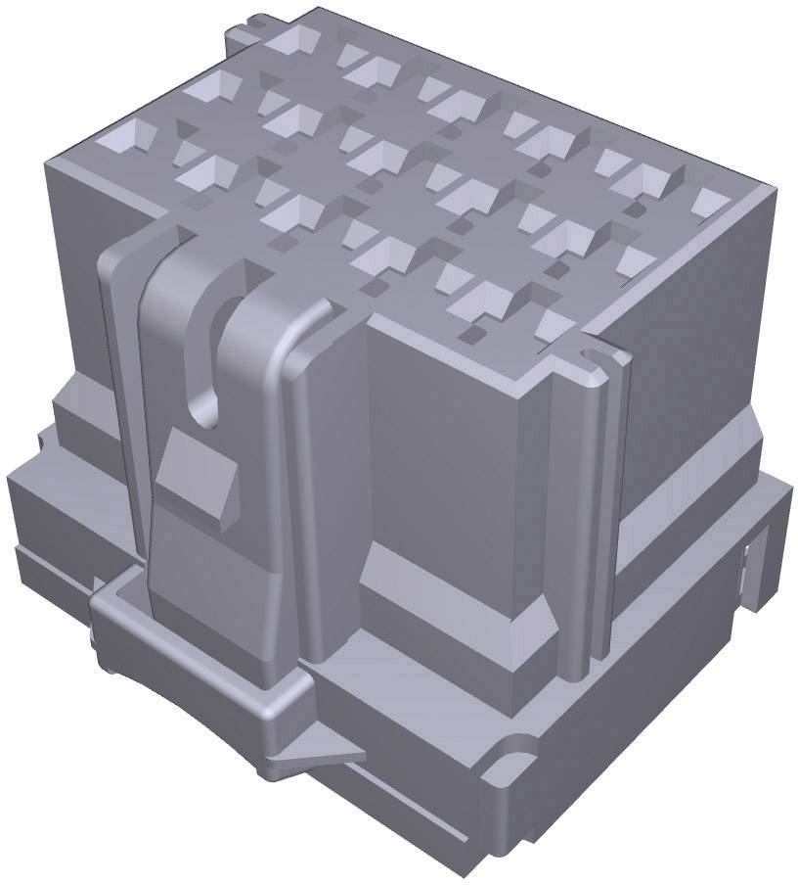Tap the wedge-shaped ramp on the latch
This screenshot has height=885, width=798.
click(199, 475)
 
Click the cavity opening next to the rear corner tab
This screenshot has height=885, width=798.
click(294, 41)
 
